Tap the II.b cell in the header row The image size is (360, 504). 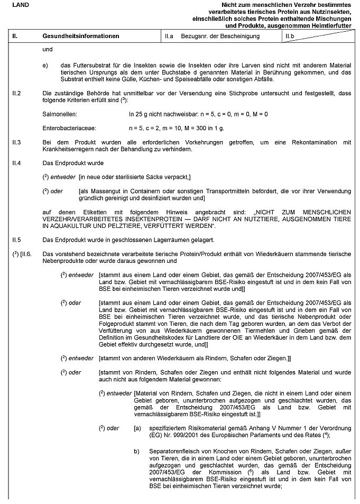[x=290, y=36]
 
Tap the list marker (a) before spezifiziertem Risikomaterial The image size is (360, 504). [x=137, y=427]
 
